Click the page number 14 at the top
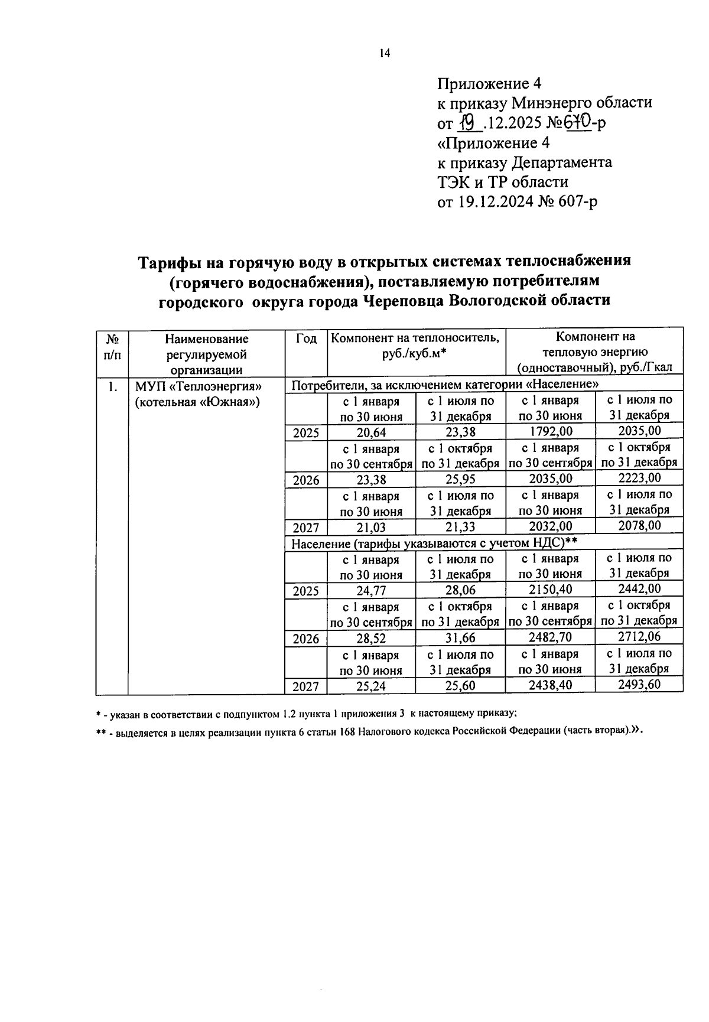(385, 53)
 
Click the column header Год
(306, 339)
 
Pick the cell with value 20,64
(371, 432)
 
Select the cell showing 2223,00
(639, 478)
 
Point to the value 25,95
(460, 480)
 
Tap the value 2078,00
(639, 526)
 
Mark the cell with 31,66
(460, 638)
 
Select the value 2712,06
(639, 637)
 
